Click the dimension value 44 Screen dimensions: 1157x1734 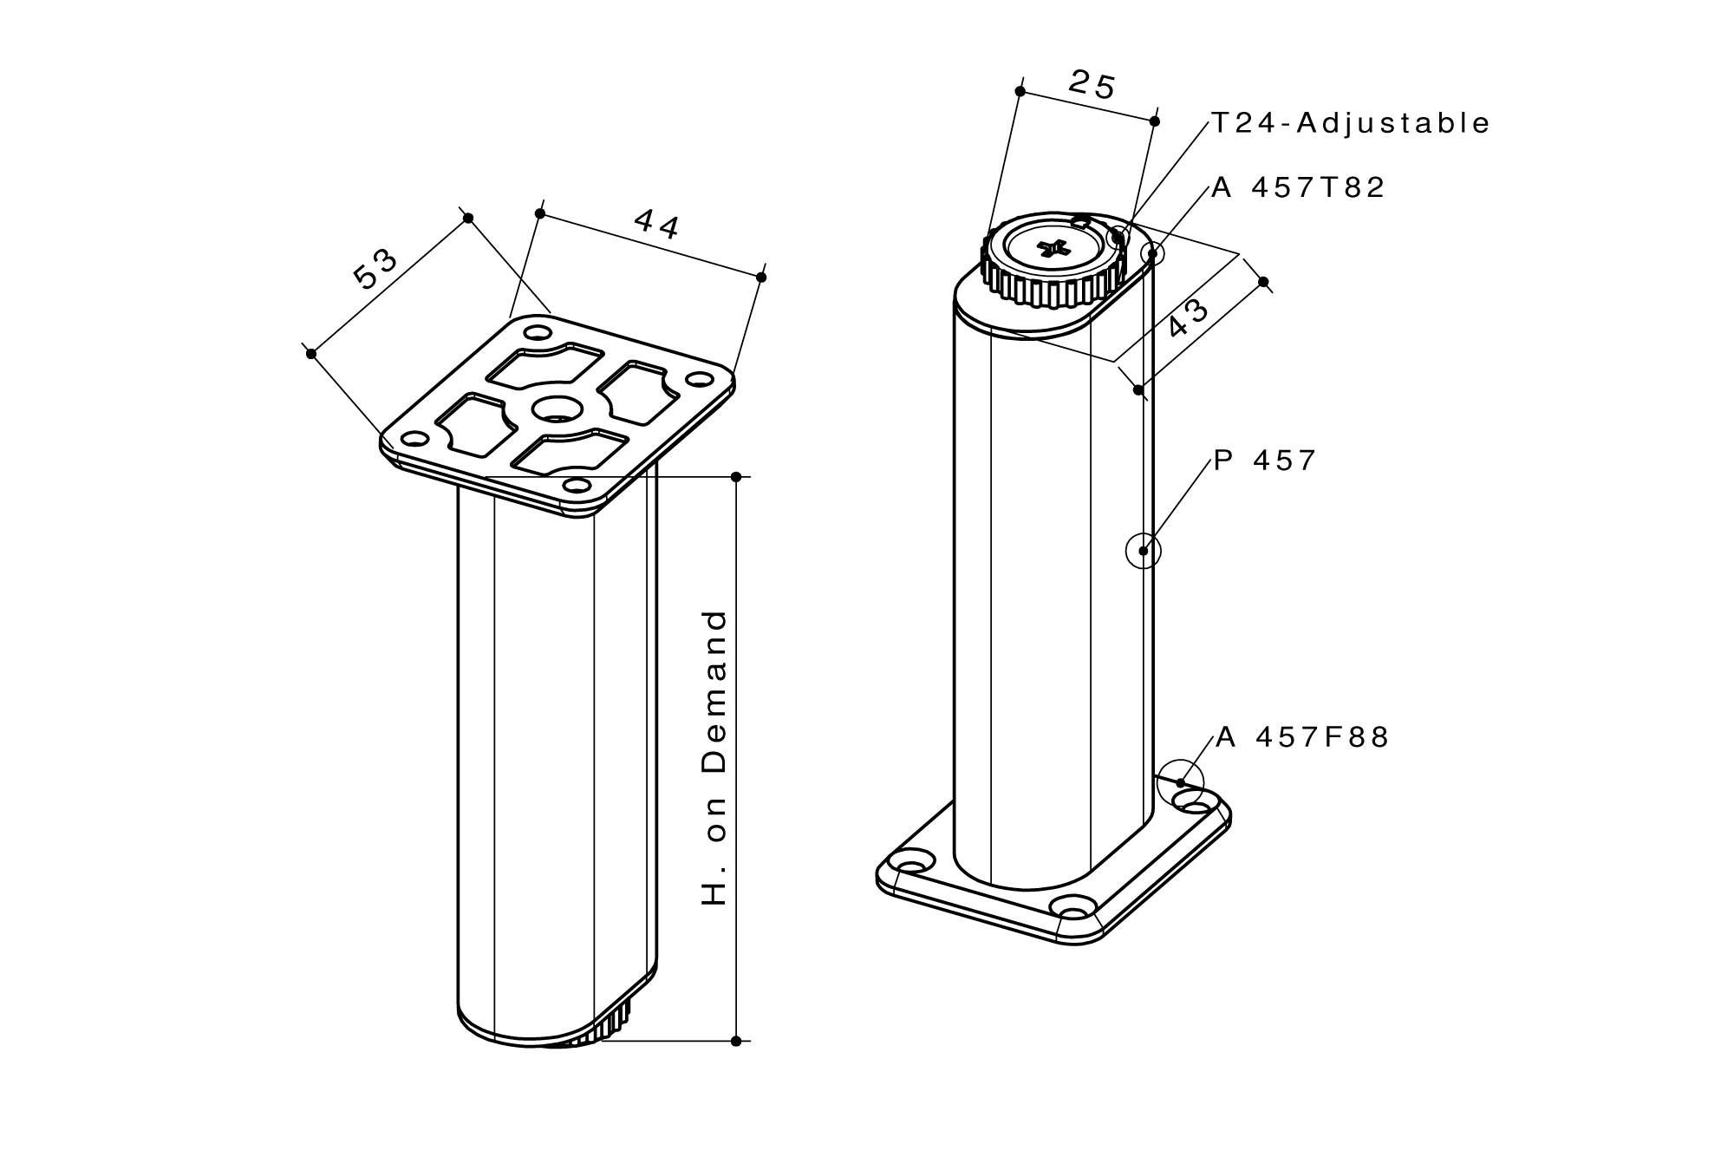click(656, 224)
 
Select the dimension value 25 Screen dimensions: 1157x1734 click(1092, 85)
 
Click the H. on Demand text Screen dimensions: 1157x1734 click(715, 758)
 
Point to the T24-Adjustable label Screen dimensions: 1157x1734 click(1350, 123)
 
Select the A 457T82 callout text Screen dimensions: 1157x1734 click(1298, 187)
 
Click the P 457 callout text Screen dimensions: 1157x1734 click(1265, 461)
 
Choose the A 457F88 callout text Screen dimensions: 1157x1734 click(1302, 737)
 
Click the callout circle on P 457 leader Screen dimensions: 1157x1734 click(1144, 551)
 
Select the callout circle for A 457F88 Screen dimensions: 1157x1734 click(1180, 782)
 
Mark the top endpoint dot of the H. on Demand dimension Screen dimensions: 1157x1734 click(736, 477)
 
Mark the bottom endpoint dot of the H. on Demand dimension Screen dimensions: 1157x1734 click(736, 1041)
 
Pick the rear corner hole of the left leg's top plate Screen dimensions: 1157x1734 click(538, 333)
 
